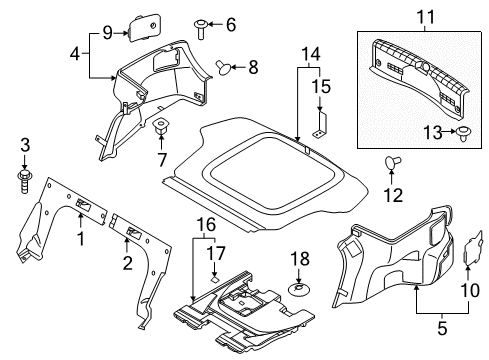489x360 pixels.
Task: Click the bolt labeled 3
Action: tap(24, 181)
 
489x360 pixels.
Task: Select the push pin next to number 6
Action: tap(201, 29)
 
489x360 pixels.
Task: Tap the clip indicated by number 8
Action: tap(223, 67)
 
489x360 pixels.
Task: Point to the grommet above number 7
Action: tap(160, 125)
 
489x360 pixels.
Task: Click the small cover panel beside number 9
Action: tap(143, 27)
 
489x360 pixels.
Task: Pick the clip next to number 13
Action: tap(463, 133)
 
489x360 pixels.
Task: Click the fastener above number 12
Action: tap(392, 162)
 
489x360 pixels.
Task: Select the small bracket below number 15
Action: tap(320, 125)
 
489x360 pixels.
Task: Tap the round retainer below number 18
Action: tap(299, 290)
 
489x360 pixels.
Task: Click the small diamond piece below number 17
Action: tap(214, 278)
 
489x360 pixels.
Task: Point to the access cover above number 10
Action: tap(474, 248)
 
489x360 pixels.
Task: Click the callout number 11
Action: tap(426, 17)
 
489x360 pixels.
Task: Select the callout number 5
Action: tap(442, 328)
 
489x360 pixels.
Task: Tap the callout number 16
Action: tap(206, 225)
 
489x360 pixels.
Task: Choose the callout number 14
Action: tap(311, 54)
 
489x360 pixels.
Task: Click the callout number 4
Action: tap(75, 54)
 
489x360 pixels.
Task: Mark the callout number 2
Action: tap(127, 263)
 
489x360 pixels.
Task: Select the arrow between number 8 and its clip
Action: tap(239, 67)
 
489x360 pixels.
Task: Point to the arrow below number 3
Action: tap(24, 161)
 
